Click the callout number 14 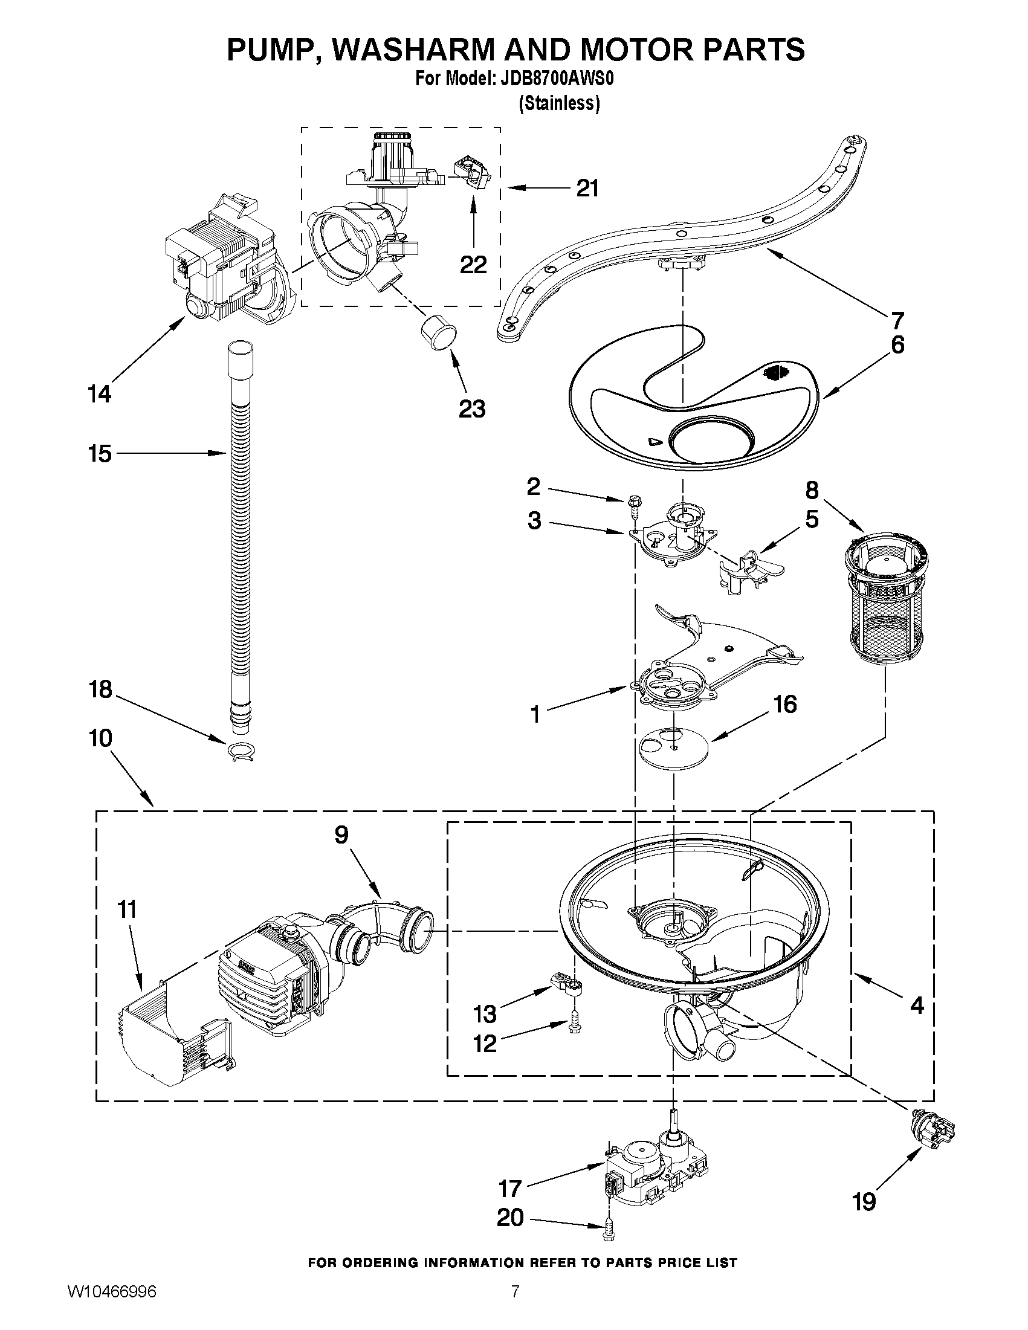(x=99, y=394)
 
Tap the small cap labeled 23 (x=438, y=332)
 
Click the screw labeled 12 (x=574, y=1025)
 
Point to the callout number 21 (x=587, y=188)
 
